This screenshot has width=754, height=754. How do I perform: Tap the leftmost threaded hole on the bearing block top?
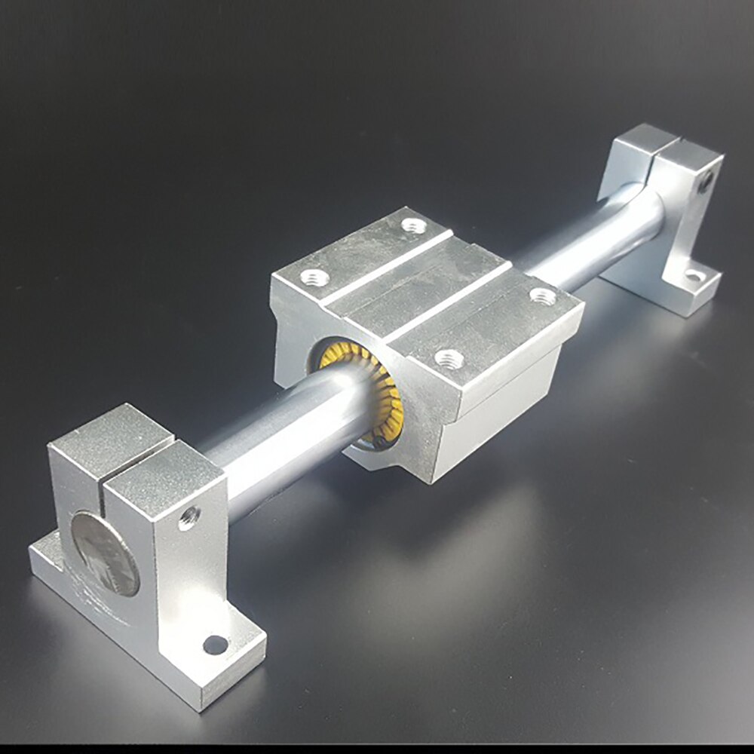coord(315,277)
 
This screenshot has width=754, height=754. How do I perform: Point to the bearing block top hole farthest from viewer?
coord(412,224)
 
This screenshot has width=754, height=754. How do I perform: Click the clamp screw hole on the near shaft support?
coord(188,516)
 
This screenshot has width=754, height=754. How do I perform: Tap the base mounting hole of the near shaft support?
coord(215,645)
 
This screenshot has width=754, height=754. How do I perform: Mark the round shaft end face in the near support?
coord(106,554)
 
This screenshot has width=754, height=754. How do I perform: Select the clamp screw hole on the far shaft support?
coord(705,181)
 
